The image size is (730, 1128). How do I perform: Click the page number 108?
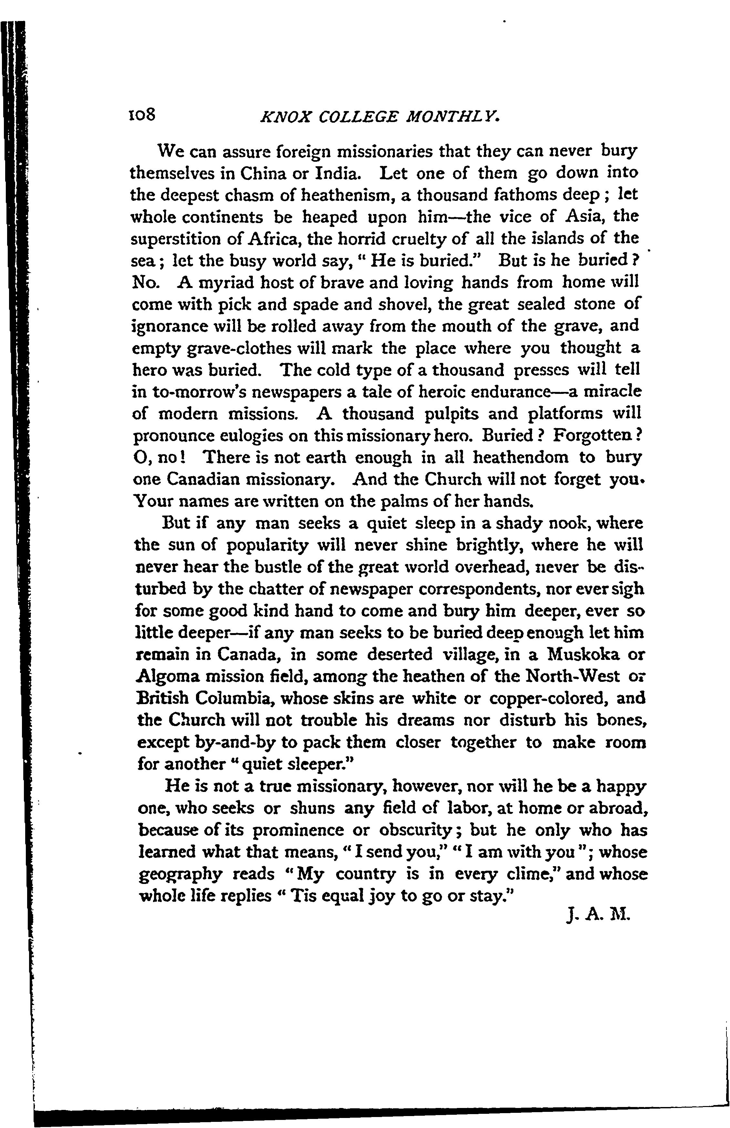click(142, 115)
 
